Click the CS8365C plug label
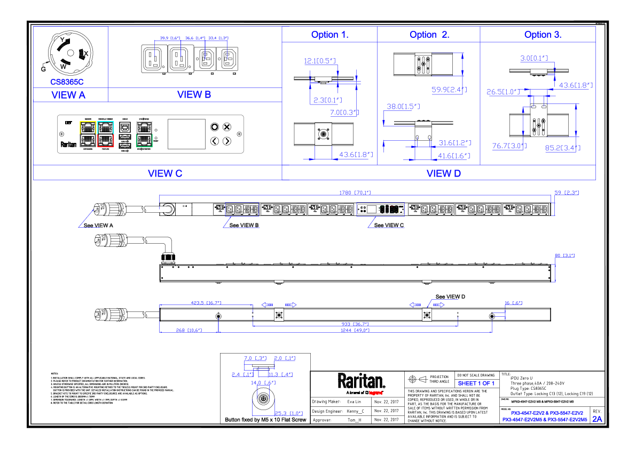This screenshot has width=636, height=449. coord(67,82)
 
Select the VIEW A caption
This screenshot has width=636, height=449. coord(68,95)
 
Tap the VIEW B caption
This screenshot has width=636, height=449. coord(194,94)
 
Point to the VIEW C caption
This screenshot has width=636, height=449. coord(165,173)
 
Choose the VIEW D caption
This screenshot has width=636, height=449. coord(444,173)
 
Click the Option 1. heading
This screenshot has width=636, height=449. coord(330,35)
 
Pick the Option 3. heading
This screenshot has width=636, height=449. coord(543,35)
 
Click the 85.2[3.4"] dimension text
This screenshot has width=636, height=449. coord(562,148)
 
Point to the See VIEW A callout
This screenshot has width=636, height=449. coord(98,225)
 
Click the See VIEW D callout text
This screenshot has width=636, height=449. coord(450,296)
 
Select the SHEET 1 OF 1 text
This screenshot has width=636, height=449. coord(476,383)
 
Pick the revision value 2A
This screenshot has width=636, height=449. coord(596,419)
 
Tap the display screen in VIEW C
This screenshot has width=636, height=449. coord(186,134)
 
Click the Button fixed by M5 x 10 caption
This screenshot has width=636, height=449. coord(265,420)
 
